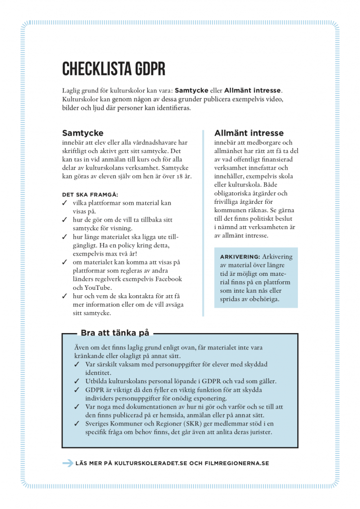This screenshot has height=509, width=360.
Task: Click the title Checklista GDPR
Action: pos(113,68)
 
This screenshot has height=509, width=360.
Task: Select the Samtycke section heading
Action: pos(83,133)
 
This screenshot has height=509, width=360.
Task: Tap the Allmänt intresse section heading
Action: pos(249,133)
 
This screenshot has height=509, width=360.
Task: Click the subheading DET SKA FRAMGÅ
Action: pos(90,194)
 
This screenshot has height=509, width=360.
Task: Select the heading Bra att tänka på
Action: pos(114,333)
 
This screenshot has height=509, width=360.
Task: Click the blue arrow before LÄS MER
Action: pos(68,463)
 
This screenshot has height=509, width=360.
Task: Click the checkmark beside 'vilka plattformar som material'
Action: pos(65,203)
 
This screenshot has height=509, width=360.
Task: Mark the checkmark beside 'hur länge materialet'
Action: pos(65,237)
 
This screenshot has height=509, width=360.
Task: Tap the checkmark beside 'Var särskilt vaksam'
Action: pos(77,364)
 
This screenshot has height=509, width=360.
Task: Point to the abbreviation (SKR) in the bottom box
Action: pos(191,424)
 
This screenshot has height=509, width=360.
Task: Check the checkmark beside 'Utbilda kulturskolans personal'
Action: pos(77,381)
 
